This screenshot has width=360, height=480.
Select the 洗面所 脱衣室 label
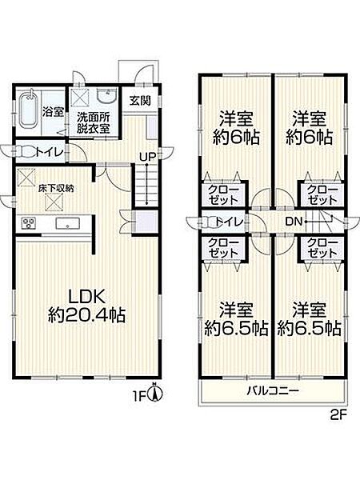(x=94, y=121)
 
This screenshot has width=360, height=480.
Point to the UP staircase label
(x=148, y=157)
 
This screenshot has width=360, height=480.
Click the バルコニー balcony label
(x=273, y=391)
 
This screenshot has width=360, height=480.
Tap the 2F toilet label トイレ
(x=230, y=222)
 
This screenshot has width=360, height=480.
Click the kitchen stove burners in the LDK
(x=30, y=223)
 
